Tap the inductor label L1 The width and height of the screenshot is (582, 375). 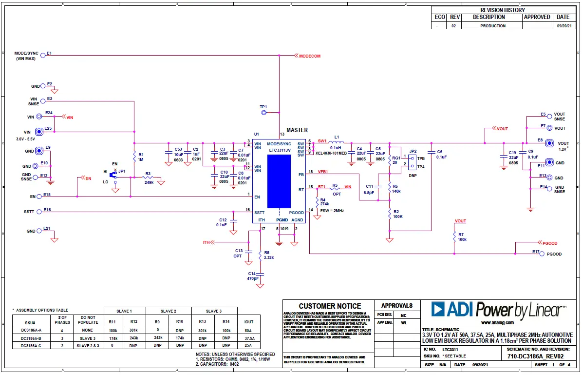point(337,138)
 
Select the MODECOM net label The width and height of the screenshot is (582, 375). point(310,56)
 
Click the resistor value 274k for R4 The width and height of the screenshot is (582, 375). point(324,204)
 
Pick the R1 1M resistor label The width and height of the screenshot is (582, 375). point(141,157)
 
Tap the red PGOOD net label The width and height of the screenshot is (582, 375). point(549,243)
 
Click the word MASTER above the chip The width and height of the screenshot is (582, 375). point(297,130)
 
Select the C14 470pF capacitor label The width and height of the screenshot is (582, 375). point(252,276)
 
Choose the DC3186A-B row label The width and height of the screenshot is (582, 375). point(31,337)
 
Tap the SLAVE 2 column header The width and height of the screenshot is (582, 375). point(169,311)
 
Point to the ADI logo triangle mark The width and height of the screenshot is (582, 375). point(438,309)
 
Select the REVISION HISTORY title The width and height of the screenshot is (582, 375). point(502,10)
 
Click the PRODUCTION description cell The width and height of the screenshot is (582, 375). point(493,26)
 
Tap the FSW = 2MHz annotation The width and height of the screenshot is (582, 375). point(332,211)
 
